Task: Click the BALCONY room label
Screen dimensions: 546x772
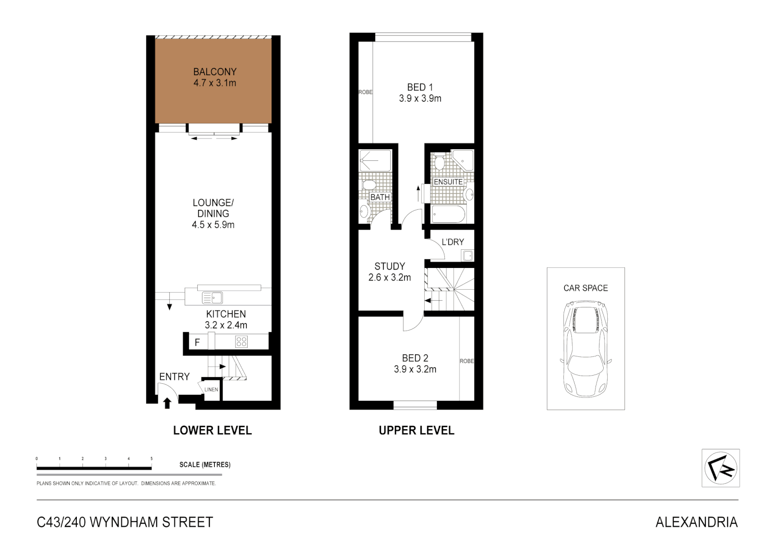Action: point(214,72)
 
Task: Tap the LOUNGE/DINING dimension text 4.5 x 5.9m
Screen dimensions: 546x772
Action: point(213,225)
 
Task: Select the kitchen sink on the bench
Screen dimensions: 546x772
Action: point(212,297)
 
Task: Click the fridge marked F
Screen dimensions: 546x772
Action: point(197,342)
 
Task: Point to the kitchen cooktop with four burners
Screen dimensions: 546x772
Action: point(241,342)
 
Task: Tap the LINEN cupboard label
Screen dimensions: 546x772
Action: point(211,389)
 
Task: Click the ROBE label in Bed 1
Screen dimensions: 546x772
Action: point(366,92)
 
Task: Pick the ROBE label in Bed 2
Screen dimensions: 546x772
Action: point(467,361)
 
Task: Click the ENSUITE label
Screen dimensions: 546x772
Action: point(448,182)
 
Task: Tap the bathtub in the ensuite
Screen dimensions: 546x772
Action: point(448,214)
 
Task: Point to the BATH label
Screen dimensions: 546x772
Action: point(380,197)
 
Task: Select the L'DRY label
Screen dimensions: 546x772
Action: point(452,242)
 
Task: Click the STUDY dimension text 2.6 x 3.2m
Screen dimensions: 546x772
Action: point(389,278)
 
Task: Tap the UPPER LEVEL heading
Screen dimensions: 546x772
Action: point(417,431)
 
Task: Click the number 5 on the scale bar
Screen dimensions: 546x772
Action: point(152,459)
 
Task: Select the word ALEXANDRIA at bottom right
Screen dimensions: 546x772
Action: point(696,522)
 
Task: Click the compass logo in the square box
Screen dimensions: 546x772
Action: point(720,468)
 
